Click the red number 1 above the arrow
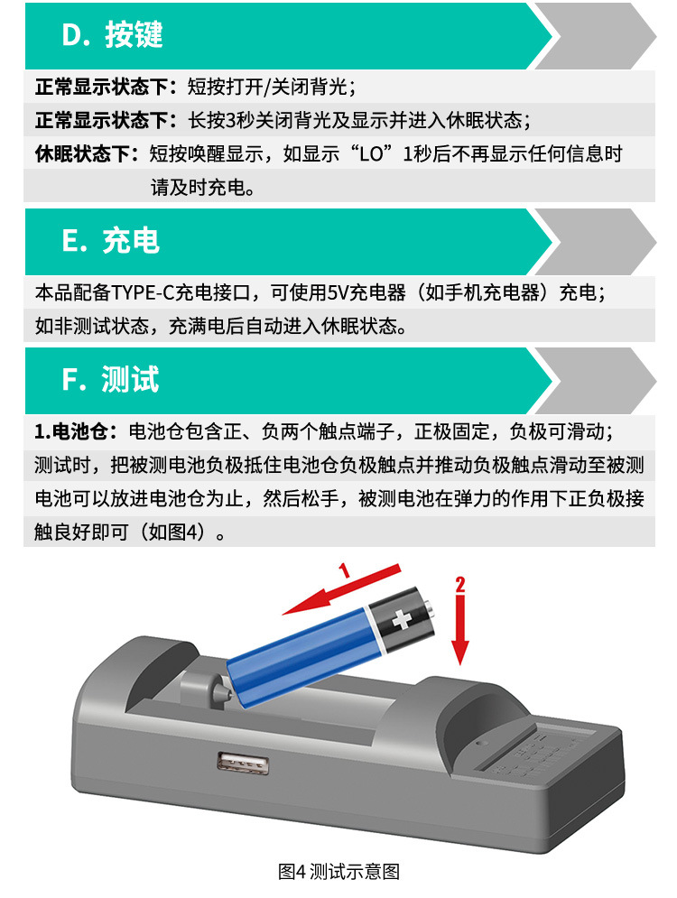[x=343, y=570]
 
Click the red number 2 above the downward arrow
[x=460, y=583]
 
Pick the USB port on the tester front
[x=230, y=764]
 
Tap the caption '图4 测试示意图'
[x=338, y=872]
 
